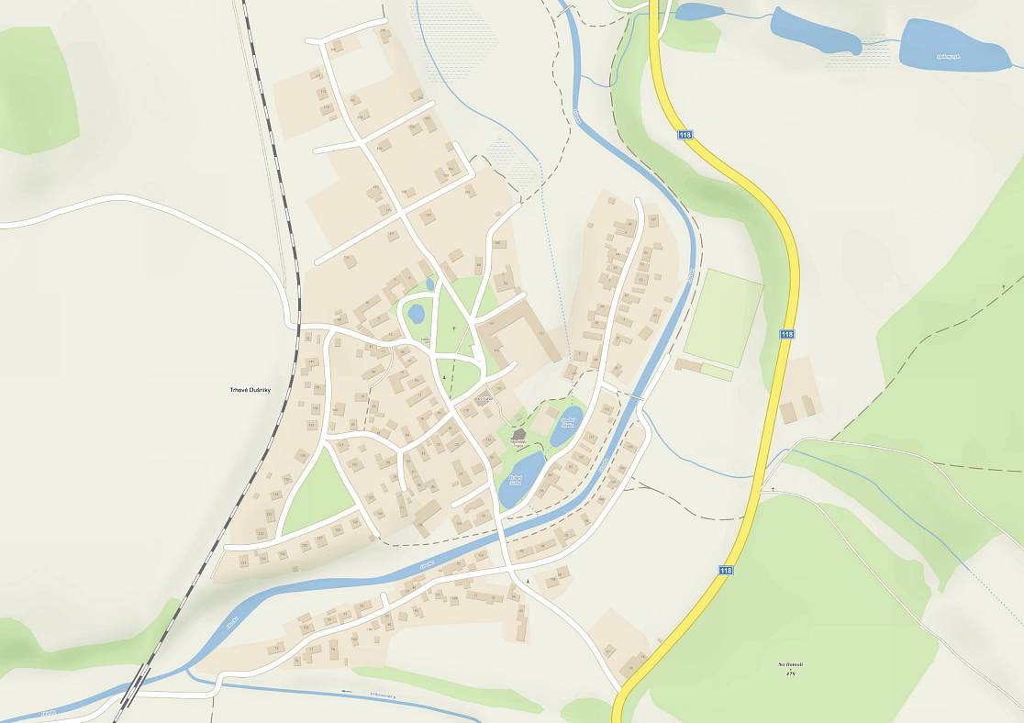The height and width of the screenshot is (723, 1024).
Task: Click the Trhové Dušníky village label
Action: (250, 390)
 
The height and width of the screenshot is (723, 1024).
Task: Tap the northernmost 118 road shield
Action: (685, 135)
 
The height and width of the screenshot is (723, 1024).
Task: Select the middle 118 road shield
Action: (786, 334)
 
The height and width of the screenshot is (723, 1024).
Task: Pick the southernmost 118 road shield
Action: (726, 570)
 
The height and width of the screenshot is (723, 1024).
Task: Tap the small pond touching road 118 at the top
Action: (697, 12)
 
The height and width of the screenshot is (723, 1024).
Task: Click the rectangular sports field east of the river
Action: (723, 317)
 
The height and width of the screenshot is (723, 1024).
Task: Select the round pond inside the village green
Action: (416, 314)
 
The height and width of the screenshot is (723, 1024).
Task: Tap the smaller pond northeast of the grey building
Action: (566, 425)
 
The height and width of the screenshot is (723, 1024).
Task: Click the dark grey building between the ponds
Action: (518, 435)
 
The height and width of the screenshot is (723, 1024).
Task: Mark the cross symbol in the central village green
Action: (453, 327)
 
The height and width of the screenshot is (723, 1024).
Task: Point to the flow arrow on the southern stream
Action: (347, 691)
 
